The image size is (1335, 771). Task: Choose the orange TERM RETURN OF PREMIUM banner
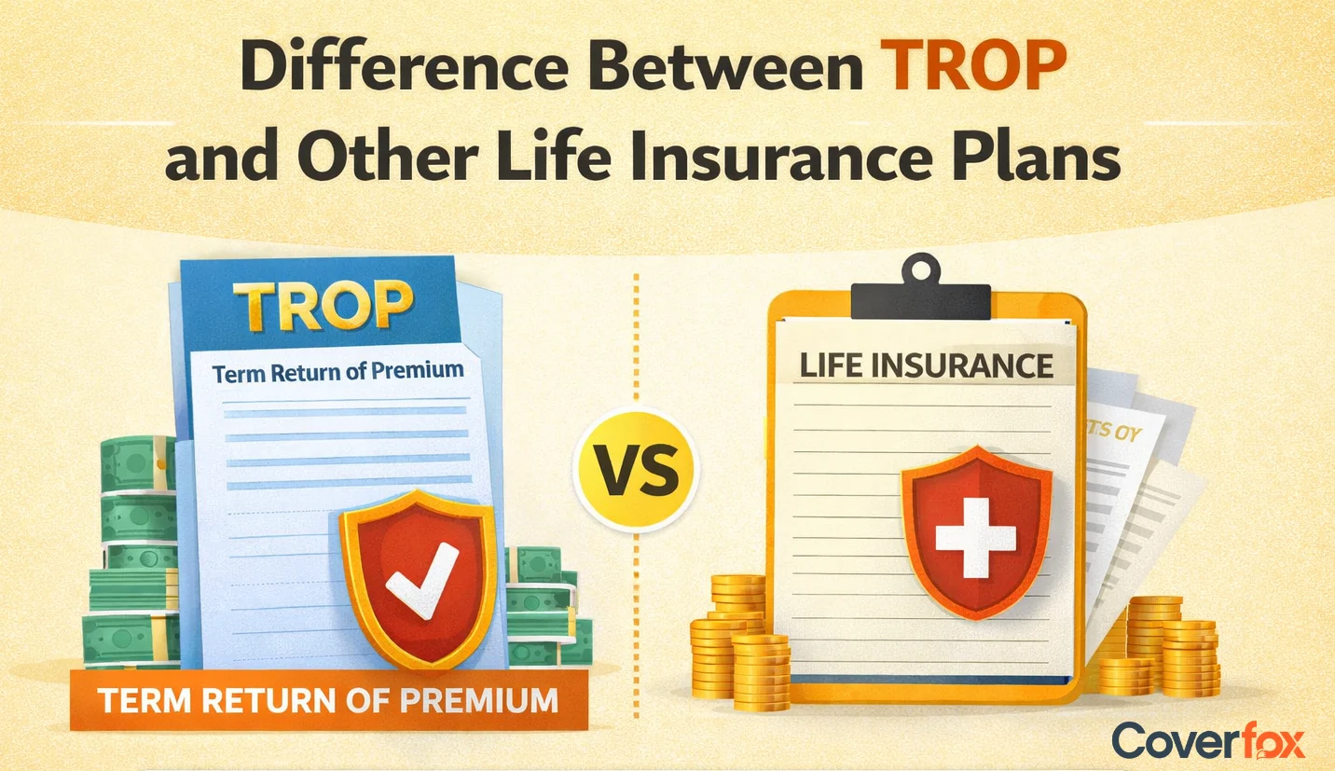[328, 699]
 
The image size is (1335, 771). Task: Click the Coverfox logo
[1208, 740]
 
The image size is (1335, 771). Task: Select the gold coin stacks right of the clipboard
[1162, 643]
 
